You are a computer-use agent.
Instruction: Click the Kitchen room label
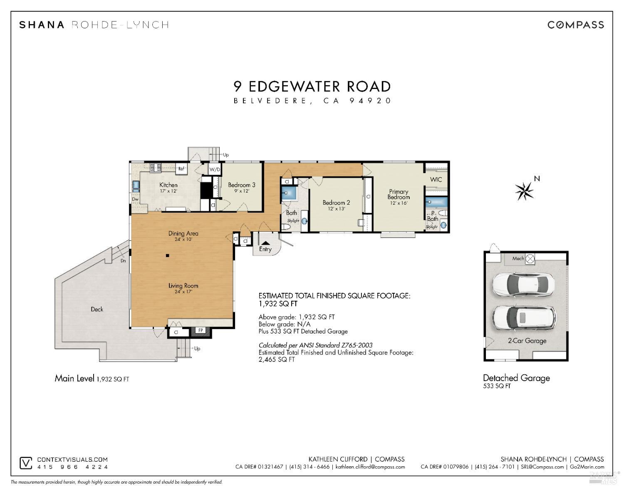tap(168, 185)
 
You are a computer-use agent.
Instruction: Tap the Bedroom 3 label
tap(241, 185)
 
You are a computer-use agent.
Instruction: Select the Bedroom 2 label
tap(336, 203)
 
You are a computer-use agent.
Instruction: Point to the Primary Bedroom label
tap(399, 195)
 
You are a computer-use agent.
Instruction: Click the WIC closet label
tap(436, 180)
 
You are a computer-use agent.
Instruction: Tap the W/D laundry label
tap(215, 170)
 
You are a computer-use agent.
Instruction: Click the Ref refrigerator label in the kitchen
tap(181, 169)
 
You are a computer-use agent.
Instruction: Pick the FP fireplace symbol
tap(201, 331)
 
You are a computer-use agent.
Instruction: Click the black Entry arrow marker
tap(265, 243)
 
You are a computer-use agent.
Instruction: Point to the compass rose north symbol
tap(525, 191)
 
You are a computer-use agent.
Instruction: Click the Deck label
tap(97, 309)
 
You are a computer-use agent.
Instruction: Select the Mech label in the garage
tap(518, 259)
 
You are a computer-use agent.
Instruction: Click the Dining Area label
tap(183, 234)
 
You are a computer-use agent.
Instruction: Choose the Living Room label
tap(183, 286)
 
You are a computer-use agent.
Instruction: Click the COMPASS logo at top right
tap(575, 25)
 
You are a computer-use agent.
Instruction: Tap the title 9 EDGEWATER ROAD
tap(312, 87)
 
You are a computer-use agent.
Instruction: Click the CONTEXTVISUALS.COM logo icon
tap(26, 463)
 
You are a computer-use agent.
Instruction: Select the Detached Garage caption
tap(516, 378)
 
